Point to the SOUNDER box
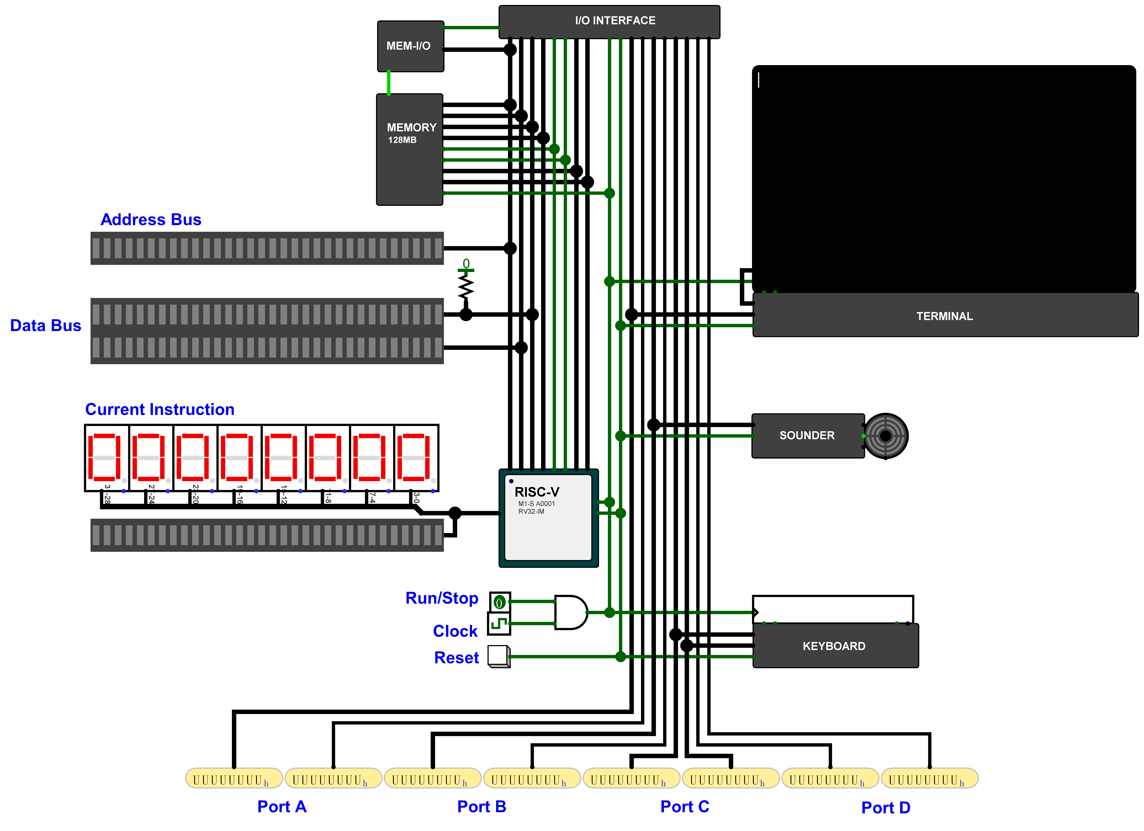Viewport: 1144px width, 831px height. (807, 436)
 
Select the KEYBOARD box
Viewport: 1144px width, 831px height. (835, 646)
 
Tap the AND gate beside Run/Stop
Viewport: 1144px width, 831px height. (570, 612)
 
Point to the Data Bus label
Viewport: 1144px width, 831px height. (45, 326)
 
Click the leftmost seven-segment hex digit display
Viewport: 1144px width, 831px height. (106, 457)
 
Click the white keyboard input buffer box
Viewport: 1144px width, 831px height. (832, 609)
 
